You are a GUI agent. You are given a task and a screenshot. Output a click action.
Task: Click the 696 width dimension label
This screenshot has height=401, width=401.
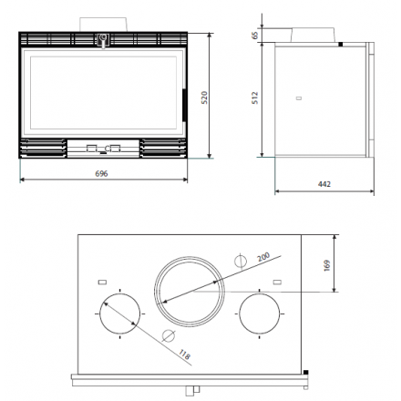tap(101, 173)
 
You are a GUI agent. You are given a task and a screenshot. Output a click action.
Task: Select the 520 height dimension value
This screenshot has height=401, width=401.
tap(204, 98)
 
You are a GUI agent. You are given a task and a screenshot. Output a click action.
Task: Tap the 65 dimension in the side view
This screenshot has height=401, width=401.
tap(255, 36)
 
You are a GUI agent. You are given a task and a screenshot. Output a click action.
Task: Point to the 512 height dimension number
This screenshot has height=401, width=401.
tap(255, 98)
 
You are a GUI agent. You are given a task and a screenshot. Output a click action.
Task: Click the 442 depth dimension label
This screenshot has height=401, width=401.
tap(324, 184)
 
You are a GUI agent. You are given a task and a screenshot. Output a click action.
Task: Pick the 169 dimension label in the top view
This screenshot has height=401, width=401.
tap(327, 265)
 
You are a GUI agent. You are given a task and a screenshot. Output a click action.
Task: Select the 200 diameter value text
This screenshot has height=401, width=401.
tap(263, 257)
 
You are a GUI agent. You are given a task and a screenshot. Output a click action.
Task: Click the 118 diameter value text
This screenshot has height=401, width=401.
tap(184, 355)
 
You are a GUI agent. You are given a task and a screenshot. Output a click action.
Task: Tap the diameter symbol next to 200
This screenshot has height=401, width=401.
tap(241, 261)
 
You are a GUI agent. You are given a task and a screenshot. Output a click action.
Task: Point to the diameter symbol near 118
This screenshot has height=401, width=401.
tap(169, 335)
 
